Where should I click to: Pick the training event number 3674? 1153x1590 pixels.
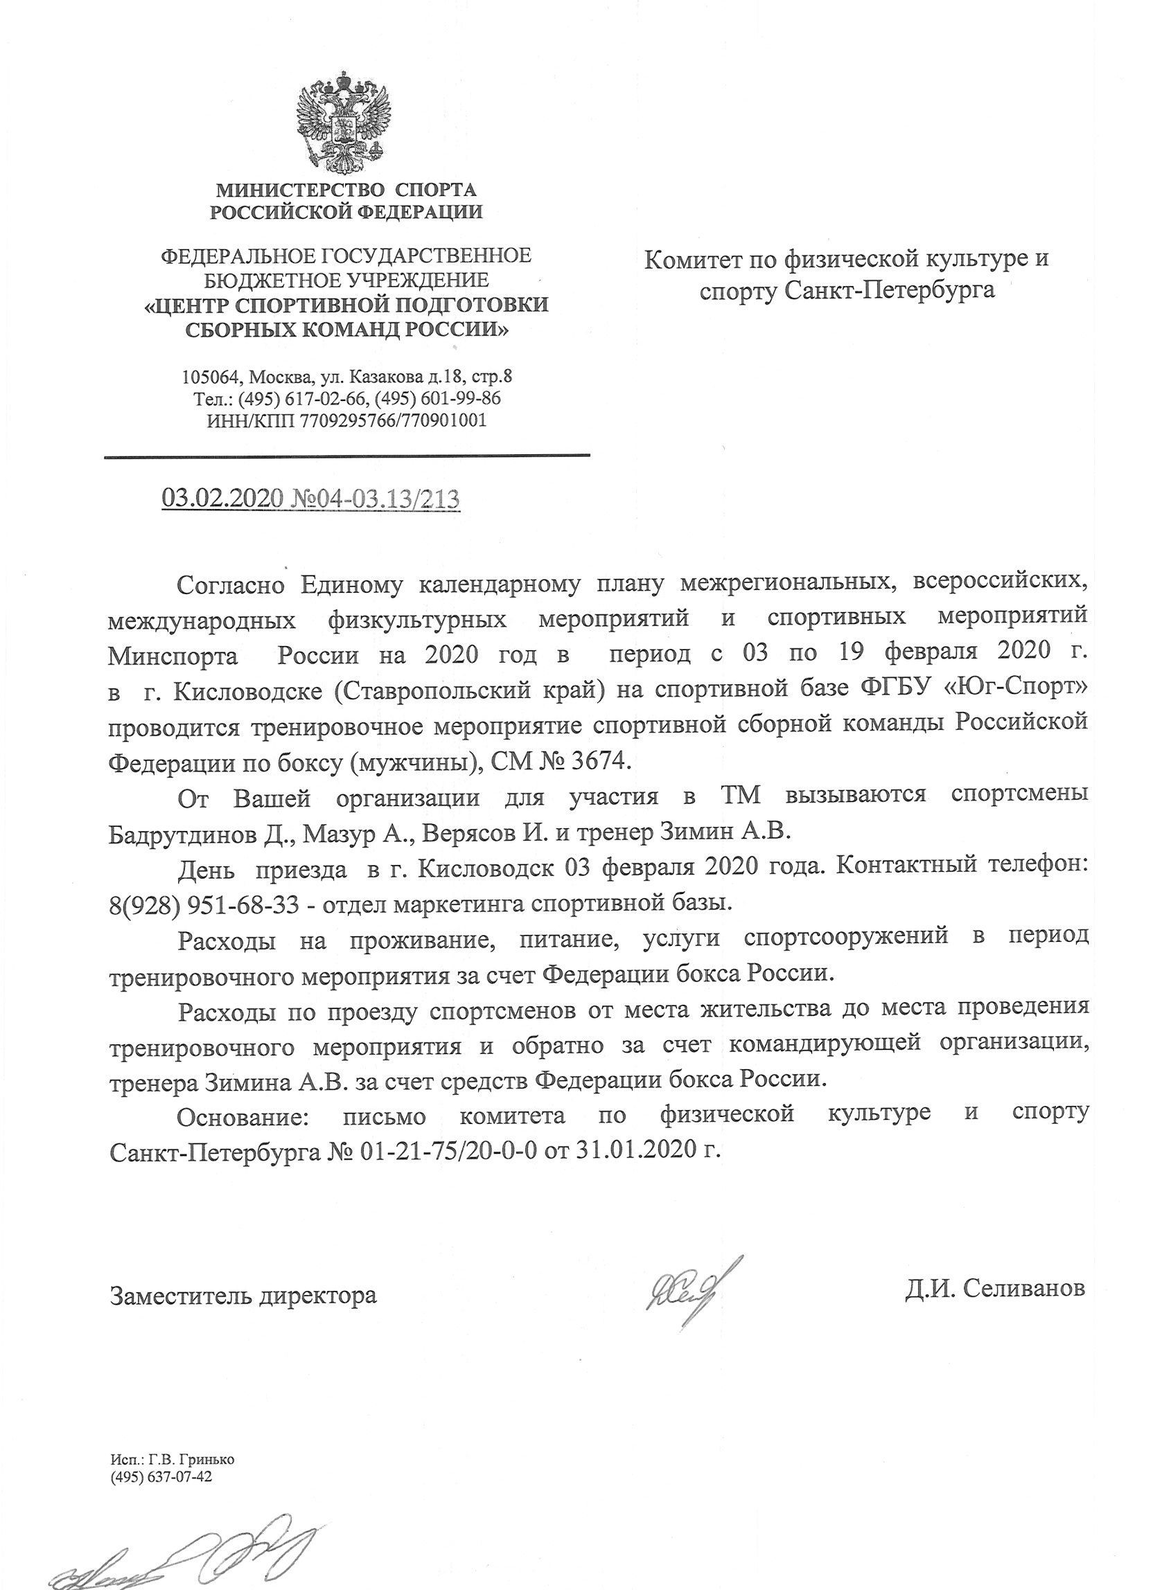(595, 759)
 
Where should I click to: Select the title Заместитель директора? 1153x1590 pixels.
(243, 1294)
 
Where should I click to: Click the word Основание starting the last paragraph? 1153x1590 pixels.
(242, 1114)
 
